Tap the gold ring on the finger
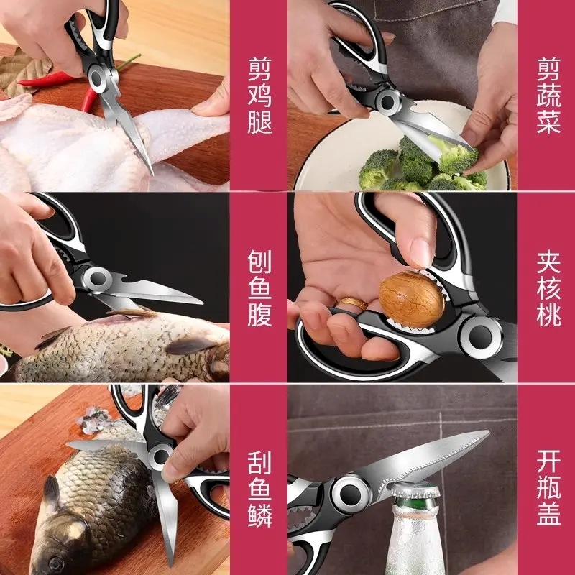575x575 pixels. [x=353, y=305]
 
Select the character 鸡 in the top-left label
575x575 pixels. [x=259, y=96]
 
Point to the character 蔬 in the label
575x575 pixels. [x=548, y=96]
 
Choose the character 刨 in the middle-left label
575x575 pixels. [x=259, y=261]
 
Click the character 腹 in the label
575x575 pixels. [x=259, y=315]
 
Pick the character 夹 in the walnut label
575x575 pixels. [x=548, y=261]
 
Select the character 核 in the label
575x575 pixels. [x=548, y=287]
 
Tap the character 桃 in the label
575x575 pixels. [x=548, y=315]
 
